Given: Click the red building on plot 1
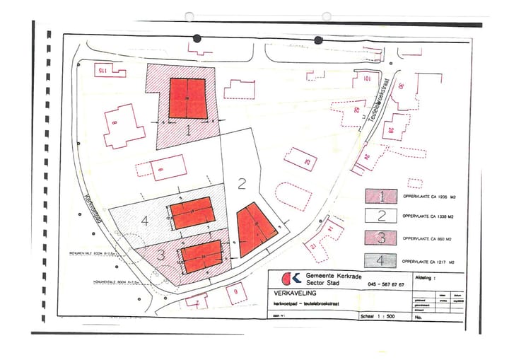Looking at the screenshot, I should (187, 98).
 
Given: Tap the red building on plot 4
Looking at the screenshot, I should (191, 213).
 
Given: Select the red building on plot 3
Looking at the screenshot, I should (201, 255).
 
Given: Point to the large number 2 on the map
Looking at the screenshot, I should (242, 185).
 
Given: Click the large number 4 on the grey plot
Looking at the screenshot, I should (145, 221).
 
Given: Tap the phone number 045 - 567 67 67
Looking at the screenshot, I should (386, 284).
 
